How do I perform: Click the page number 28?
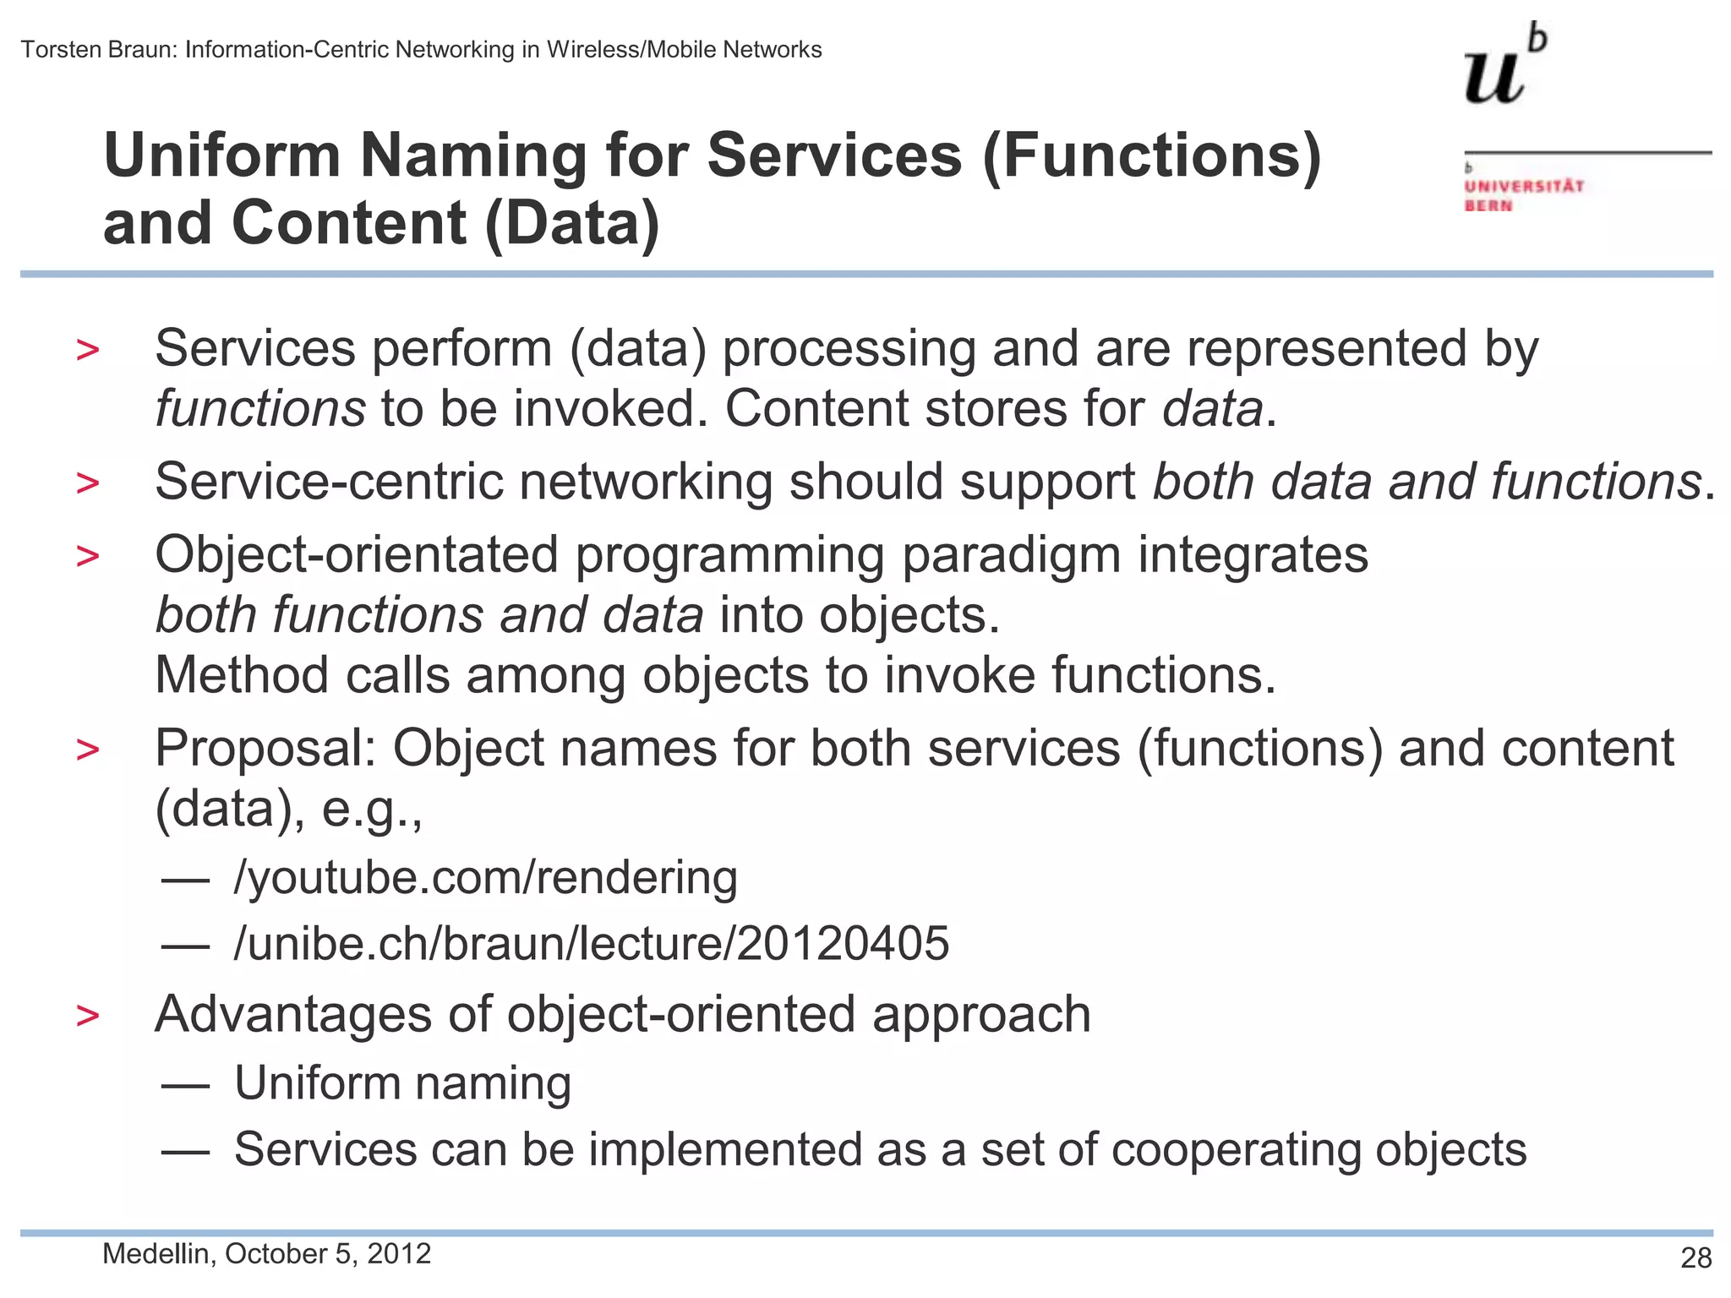tap(1696, 1257)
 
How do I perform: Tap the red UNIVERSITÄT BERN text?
tap(1523, 195)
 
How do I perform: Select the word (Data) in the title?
tap(571, 224)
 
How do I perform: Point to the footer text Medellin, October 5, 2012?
tap(266, 1253)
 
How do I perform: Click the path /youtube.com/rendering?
tap(485, 877)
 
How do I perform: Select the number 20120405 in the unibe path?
tap(843, 943)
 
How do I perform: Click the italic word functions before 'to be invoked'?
tap(260, 409)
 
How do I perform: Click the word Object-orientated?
tap(356, 555)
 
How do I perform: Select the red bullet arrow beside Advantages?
tap(87, 1016)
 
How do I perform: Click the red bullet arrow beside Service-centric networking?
tap(87, 483)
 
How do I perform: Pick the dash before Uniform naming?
tap(185, 1084)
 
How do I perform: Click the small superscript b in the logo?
tap(1538, 39)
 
